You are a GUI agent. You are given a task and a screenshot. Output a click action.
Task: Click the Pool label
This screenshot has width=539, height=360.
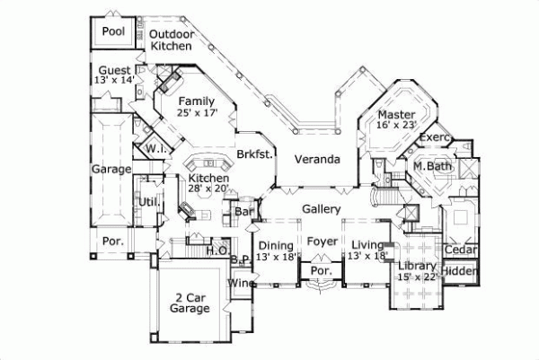tap(113, 31)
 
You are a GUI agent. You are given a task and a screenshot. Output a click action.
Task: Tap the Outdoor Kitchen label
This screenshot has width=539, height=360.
tap(171, 39)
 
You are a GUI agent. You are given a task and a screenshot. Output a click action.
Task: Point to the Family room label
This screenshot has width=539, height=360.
tap(196, 101)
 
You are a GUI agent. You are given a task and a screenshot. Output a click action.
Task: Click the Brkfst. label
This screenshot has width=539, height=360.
tap(254, 154)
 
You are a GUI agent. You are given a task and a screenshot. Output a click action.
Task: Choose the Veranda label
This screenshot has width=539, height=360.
tap(317, 160)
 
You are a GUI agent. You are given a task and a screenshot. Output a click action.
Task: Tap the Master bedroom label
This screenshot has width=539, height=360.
tap(395, 116)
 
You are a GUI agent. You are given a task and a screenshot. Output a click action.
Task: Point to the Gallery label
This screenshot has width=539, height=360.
tap(321, 208)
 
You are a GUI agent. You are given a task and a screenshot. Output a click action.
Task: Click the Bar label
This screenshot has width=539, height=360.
tap(243, 213)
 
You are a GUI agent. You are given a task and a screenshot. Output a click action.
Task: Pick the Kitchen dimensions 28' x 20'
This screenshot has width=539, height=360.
tap(208, 190)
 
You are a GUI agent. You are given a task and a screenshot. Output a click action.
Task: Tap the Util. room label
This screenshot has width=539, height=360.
tap(149, 202)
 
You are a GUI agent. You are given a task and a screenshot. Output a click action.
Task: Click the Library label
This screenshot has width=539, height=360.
tap(419, 267)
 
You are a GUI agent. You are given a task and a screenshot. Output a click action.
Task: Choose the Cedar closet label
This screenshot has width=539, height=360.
tap(461, 250)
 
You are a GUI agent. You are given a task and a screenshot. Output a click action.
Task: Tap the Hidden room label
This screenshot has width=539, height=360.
tap(461, 271)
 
